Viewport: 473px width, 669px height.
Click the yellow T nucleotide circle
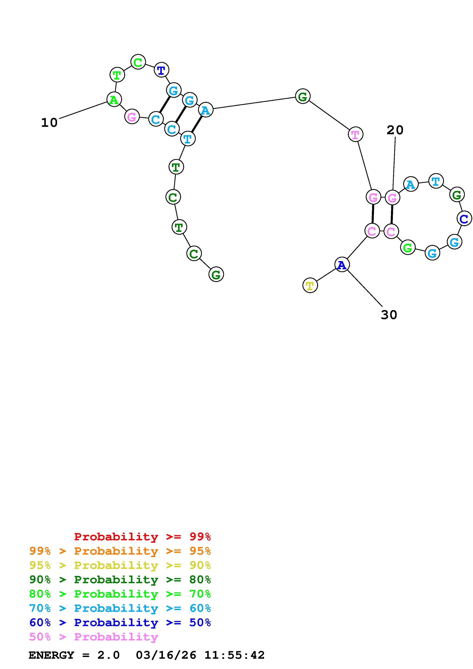[x=310, y=285]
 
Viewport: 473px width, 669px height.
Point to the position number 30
[x=389, y=315]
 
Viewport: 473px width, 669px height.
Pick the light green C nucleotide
[x=138, y=62]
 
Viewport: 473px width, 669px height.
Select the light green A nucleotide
[x=114, y=100]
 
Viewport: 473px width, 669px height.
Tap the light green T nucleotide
[x=117, y=75]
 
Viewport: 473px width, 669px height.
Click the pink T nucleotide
[x=355, y=134]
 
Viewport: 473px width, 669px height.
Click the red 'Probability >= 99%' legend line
[x=142, y=536]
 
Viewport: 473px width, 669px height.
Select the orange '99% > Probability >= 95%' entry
[x=120, y=551]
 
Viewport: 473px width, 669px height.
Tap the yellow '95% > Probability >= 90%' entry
[x=120, y=565]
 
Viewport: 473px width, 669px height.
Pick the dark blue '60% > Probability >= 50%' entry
[x=120, y=622]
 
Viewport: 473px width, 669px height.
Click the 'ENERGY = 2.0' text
[x=74, y=655]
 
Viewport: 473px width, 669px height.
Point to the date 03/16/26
[x=166, y=655]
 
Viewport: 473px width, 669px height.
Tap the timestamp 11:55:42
[x=234, y=655]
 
